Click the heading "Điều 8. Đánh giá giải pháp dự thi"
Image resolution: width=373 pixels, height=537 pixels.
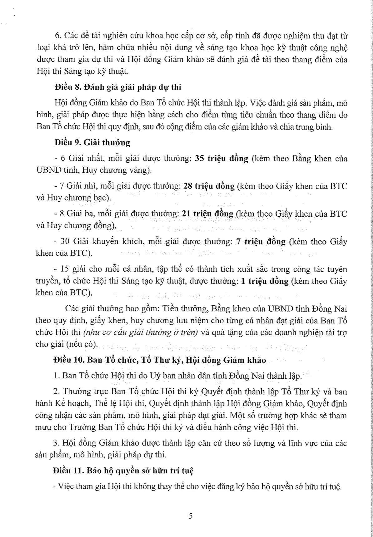117,87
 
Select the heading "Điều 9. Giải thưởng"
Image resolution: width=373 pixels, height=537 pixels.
92,143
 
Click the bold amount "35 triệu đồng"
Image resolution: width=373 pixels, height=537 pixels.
221,159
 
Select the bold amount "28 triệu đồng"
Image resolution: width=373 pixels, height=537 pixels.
209,186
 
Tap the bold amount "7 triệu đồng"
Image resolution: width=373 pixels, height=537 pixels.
261,242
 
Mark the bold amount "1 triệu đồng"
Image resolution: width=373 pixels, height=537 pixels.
265,281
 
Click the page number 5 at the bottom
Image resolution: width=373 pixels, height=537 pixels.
191,516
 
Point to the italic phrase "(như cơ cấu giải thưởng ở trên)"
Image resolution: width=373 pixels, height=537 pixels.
141,332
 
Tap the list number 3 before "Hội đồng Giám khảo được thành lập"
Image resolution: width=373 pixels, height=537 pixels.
56,443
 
